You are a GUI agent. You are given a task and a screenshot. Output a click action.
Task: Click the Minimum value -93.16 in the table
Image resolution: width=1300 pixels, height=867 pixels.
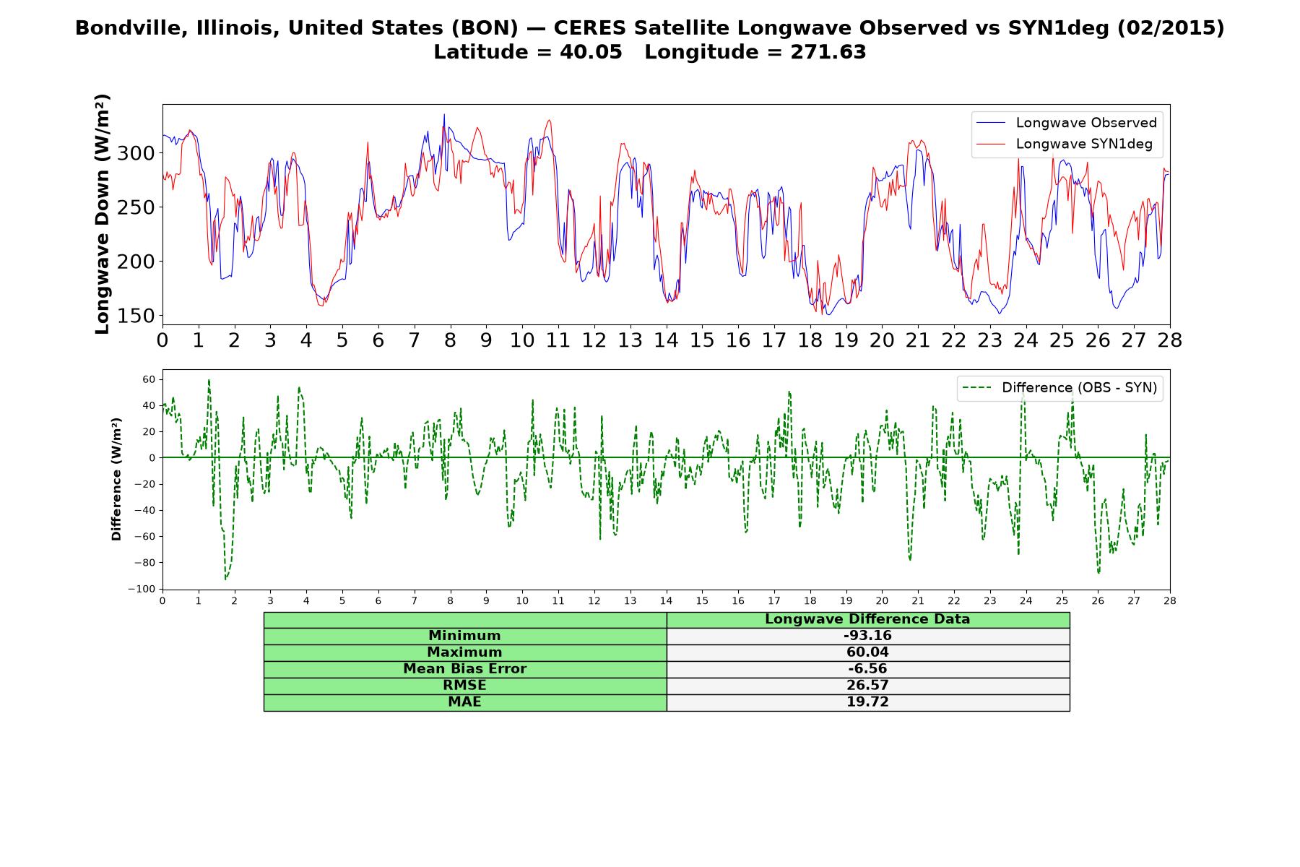pos(867,636)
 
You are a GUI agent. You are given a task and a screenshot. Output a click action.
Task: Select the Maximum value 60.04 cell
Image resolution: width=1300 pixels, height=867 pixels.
pos(867,652)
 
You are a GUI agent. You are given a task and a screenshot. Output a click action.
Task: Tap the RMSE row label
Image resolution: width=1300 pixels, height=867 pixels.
pos(464,686)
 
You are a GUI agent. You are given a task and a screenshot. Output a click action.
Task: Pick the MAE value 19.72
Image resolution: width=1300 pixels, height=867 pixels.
pos(867,702)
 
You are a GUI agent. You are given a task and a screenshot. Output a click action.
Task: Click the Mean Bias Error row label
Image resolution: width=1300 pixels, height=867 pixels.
pos(464,669)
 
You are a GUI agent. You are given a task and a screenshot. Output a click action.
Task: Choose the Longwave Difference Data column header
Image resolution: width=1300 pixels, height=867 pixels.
pos(867,619)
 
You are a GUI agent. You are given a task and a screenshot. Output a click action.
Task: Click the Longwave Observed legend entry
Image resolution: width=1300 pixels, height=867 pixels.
pos(1066,123)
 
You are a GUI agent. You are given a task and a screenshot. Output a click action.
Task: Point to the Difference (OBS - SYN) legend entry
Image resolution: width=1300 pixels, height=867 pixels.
pos(1059,388)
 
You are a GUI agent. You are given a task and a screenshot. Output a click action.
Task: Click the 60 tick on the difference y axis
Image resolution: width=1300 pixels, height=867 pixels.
pos(149,379)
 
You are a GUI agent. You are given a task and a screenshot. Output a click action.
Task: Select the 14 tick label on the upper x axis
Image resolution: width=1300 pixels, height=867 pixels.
pos(666,340)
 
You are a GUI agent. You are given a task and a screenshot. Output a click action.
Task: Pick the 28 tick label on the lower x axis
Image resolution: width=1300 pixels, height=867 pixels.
pos(1170,600)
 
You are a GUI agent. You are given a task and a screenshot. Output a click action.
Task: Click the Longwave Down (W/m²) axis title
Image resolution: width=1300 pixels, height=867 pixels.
pos(103,214)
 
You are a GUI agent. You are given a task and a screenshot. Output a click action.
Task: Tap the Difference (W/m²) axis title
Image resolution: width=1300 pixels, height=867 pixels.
pos(116,479)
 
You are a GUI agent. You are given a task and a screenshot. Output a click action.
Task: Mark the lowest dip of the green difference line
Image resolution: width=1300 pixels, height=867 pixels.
pos(225,579)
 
